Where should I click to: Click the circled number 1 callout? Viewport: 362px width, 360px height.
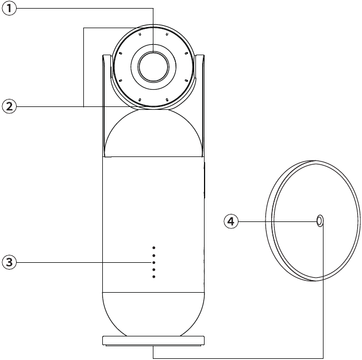coord(9,9)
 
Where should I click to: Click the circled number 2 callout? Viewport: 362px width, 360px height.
coord(9,106)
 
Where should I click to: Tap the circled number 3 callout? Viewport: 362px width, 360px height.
coord(9,262)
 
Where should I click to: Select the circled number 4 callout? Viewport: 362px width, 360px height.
coord(231,221)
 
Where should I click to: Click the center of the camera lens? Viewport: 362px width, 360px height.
coord(153,67)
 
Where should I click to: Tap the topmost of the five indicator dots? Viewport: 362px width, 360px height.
coord(154,248)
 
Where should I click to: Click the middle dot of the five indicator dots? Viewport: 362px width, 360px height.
coord(154,262)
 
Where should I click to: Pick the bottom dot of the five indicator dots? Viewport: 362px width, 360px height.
coord(154,277)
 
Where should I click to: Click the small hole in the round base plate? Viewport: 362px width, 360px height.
coord(319,221)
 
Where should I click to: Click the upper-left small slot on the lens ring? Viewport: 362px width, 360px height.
coord(140,35)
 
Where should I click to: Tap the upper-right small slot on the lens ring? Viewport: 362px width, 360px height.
coord(167,35)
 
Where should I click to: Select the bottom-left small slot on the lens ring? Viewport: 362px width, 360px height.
coord(140,99)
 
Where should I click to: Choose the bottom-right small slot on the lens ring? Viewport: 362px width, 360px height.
coord(167,99)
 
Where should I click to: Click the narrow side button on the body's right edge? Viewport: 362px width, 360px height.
coord(205,180)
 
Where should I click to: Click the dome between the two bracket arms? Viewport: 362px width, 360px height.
coord(153,133)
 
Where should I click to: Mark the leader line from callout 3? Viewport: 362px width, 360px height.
coord(84,262)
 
